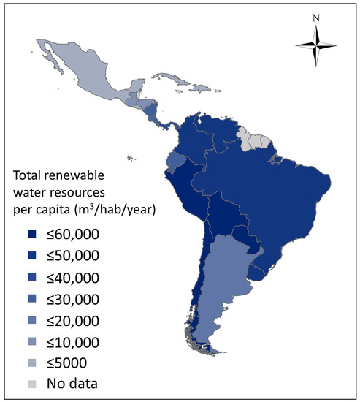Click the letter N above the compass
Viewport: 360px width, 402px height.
pyautogui.click(x=315, y=18)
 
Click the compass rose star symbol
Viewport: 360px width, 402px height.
pyautogui.click(x=315, y=46)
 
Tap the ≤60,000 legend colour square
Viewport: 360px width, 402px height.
pyautogui.click(x=31, y=234)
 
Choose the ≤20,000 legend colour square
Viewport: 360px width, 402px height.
pyautogui.click(x=31, y=320)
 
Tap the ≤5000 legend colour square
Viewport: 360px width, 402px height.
pyautogui.click(x=31, y=363)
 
